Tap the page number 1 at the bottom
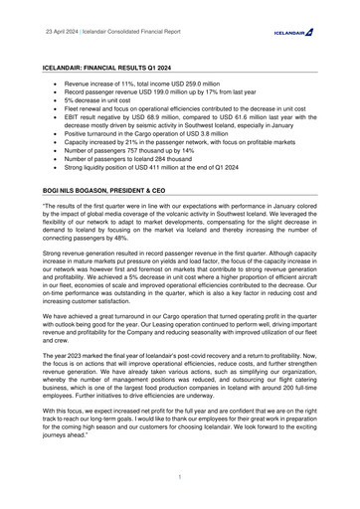180,478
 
